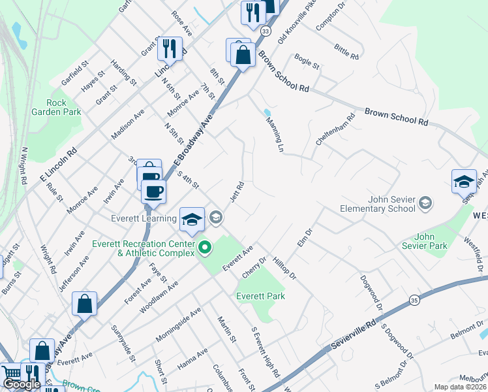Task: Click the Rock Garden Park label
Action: (x=55, y=107)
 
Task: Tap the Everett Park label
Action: (x=260, y=296)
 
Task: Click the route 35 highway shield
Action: (x=414, y=300)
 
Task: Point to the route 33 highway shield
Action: (x=265, y=31)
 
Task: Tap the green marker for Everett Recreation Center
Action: (x=205, y=248)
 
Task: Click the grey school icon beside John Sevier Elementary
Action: (x=426, y=203)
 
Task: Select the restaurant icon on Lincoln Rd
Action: (x=170, y=48)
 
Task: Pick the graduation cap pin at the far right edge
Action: (x=464, y=181)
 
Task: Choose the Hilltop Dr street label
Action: (x=284, y=267)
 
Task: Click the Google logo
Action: (x=22, y=384)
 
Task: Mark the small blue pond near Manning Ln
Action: (x=267, y=112)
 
